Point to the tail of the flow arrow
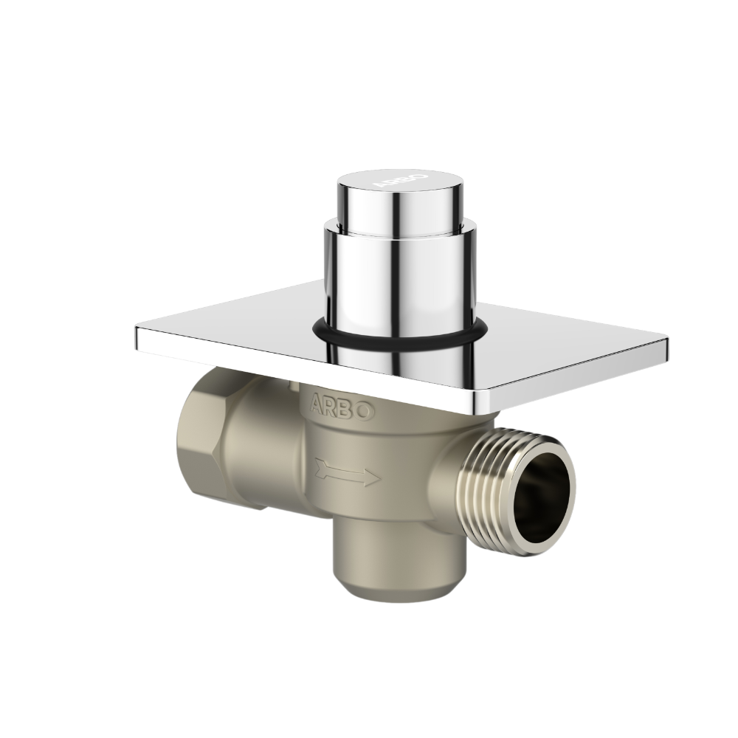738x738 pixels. [x=319, y=466]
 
